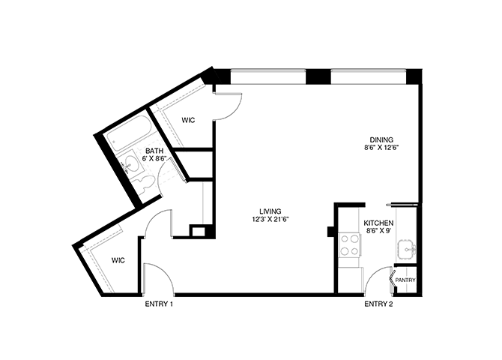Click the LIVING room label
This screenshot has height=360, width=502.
point(270,211)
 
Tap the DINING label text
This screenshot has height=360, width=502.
point(381,139)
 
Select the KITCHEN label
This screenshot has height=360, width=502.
point(378,223)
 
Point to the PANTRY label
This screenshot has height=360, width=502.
point(405,280)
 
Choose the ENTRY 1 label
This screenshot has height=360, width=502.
point(159,304)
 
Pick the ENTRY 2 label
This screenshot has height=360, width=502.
point(378,304)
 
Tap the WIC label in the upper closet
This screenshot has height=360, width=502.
point(188,120)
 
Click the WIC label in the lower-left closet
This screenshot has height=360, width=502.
point(118,260)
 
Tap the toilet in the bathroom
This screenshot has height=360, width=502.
point(140,183)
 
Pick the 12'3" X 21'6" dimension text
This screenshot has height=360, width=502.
point(270,220)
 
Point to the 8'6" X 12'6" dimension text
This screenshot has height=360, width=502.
point(381,148)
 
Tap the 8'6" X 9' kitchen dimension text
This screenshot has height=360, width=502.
point(378,232)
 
